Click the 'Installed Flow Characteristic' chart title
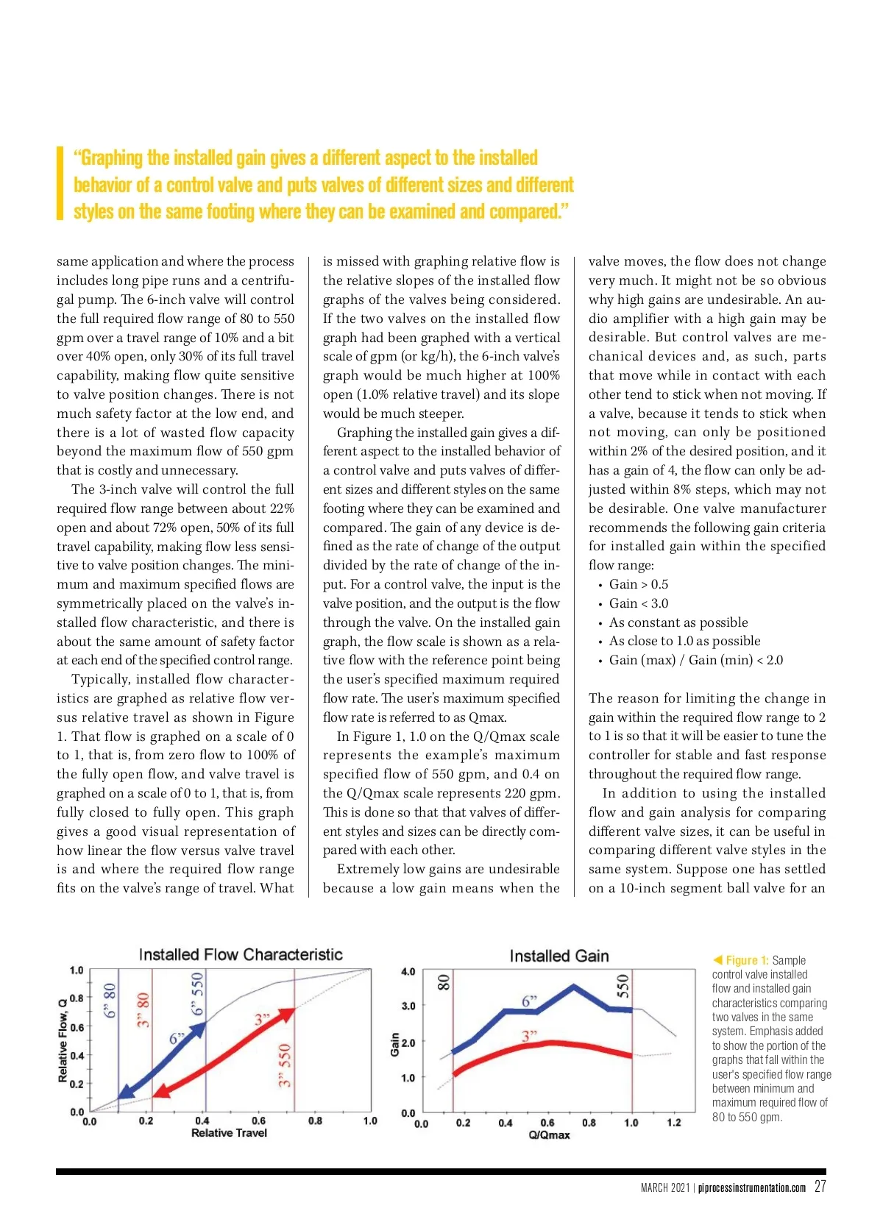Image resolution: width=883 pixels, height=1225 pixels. [x=241, y=954]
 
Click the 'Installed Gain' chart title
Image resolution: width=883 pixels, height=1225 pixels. [x=559, y=956]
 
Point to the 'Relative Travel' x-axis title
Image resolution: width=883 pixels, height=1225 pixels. [x=229, y=1133]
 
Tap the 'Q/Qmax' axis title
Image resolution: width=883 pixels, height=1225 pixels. [x=549, y=1135]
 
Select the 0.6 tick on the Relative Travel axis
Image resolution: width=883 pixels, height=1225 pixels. [x=259, y=1121]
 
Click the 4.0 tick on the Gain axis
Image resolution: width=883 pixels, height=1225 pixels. [x=408, y=971]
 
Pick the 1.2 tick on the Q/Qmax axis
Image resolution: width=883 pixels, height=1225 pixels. [x=674, y=1123]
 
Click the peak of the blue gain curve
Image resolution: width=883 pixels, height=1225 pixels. [x=574, y=987]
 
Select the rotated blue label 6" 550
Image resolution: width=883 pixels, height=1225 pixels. [x=197, y=994]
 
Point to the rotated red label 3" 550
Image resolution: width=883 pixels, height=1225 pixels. [x=286, y=1065]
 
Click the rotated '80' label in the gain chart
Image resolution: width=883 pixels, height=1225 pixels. [x=444, y=982]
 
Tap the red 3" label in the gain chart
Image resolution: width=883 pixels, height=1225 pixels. [x=529, y=1036]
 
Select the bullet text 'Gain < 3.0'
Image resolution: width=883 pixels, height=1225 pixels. [x=639, y=603]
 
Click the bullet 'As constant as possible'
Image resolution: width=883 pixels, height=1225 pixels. [x=678, y=622]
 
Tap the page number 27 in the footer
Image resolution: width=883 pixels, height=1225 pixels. [x=820, y=1187]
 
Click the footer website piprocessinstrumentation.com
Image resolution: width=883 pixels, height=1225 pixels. [x=752, y=1188]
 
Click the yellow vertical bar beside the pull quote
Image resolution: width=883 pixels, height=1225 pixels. [x=60, y=184]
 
